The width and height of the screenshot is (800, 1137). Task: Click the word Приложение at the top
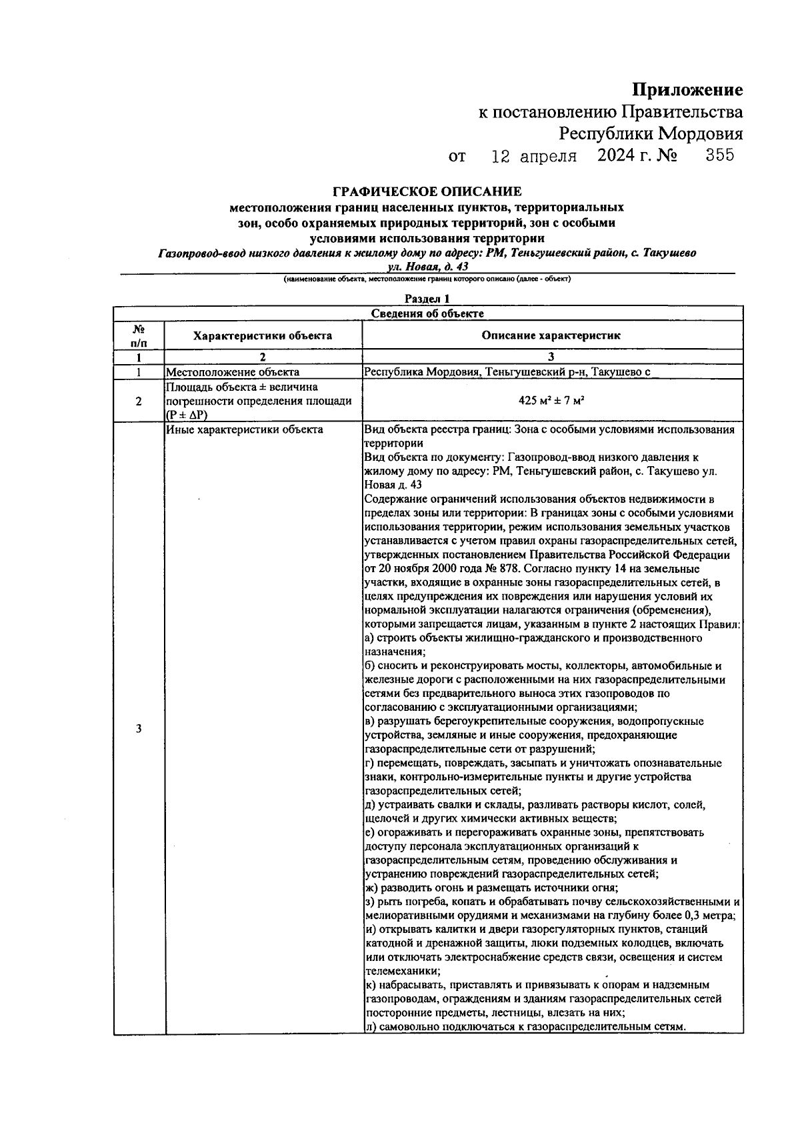[x=687, y=89]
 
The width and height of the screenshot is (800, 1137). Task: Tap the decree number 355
[x=719, y=155]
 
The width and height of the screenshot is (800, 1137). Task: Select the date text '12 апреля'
[x=533, y=157]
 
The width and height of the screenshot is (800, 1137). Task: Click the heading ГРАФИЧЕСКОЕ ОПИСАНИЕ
[x=427, y=192]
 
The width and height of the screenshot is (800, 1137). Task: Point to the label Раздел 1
[x=427, y=299]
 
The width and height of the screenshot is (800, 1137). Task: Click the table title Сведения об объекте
[x=427, y=313]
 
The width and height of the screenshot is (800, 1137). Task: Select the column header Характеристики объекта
[x=263, y=335]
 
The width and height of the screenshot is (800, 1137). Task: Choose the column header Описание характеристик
[x=551, y=335]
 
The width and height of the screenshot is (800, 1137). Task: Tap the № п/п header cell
[x=139, y=335]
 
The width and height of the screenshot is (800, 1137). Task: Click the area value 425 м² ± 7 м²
[x=551, y=401]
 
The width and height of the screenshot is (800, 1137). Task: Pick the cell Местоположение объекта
[x=233, y=372]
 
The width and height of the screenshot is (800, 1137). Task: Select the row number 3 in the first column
[x=139, y=728]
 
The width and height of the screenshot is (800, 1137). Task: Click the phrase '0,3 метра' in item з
[x=711, y=916]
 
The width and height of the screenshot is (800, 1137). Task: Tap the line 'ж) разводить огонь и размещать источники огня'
[x=492, y=888]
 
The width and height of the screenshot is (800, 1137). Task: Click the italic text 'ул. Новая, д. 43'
[x=427, y=267]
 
